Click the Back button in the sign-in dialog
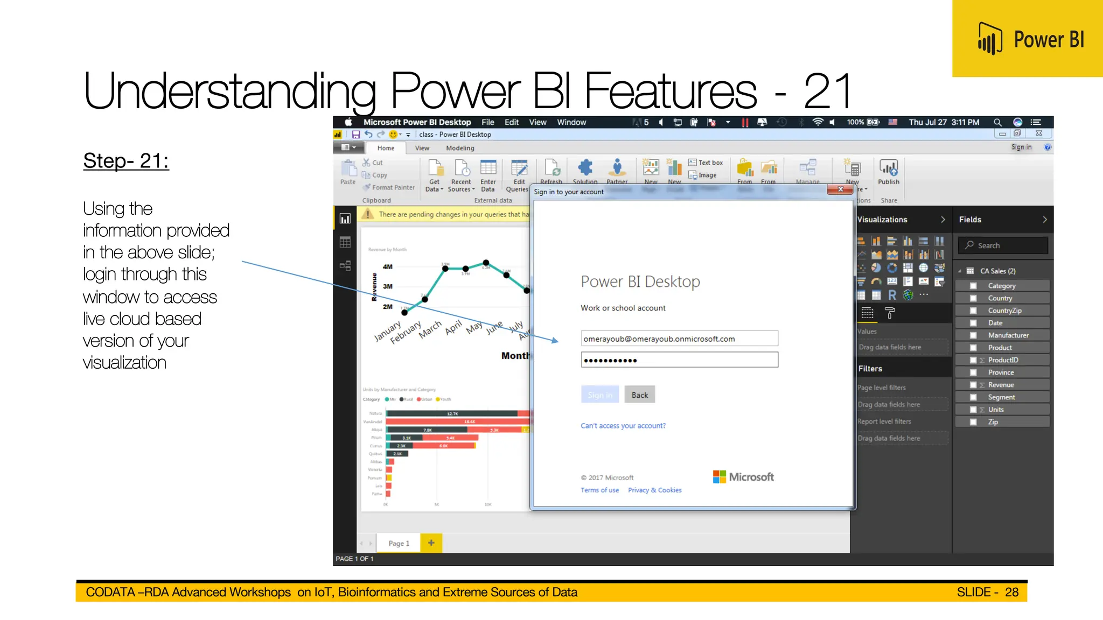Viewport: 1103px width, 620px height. [x=639, y=395]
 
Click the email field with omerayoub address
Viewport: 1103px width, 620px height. [x=679, y=339]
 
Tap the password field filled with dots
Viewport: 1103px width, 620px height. [x=679, y=360]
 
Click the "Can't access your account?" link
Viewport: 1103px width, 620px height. [x=623, y=426]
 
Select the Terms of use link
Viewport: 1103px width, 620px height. [x=599, y=490]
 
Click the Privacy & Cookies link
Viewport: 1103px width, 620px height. [x=654, y=490]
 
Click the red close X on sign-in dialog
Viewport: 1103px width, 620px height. [x=840, y=189]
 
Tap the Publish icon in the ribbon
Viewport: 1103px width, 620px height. [x=888, y=170]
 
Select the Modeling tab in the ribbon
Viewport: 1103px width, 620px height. [x=459, y=148]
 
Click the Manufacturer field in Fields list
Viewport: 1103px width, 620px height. [x=1008, y=335]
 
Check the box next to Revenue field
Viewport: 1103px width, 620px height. [x=973, y=385]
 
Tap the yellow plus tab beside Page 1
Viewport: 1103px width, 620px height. [x=431, y=543]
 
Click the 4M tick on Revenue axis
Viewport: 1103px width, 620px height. [x=388, y=267]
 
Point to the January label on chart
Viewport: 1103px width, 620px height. [x=388, y=331]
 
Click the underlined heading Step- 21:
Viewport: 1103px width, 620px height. [x=126, y=161]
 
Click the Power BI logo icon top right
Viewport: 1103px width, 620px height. [x=990, y=39]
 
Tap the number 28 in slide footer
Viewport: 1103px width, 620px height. [x=1011, y=592]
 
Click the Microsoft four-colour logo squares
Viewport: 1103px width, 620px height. [x=719, y=477]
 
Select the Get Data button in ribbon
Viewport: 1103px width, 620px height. [x=435, y=175]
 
